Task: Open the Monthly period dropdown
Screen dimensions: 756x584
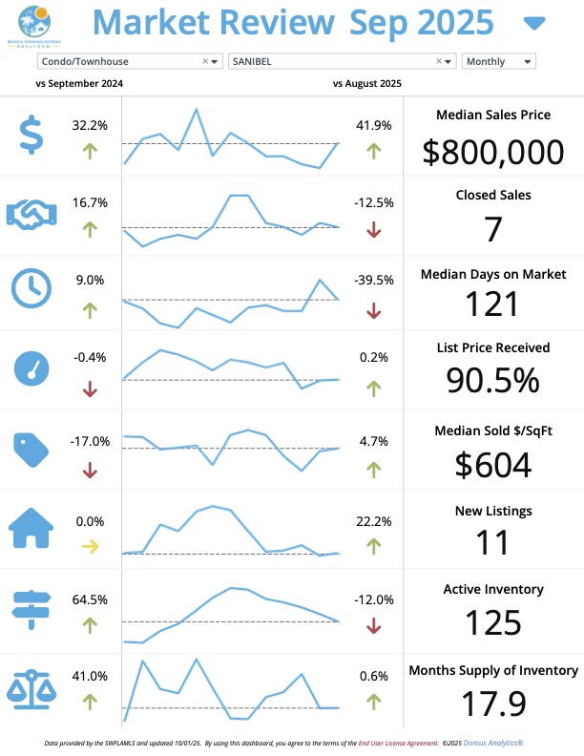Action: [498, 61]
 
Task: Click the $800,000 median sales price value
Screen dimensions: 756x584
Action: [492, 153]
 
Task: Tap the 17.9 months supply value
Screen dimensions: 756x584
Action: [492, 703]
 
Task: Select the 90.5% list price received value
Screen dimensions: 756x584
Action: [492, 380]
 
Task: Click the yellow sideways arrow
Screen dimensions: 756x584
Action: [90, 547]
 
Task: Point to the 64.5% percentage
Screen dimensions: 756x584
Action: [90, 599]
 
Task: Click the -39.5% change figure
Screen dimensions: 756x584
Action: [373, 280]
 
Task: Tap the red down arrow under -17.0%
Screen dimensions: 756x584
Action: [90, 470]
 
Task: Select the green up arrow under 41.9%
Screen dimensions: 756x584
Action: [373, 150]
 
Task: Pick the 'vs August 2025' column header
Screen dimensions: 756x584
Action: [367, 84]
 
